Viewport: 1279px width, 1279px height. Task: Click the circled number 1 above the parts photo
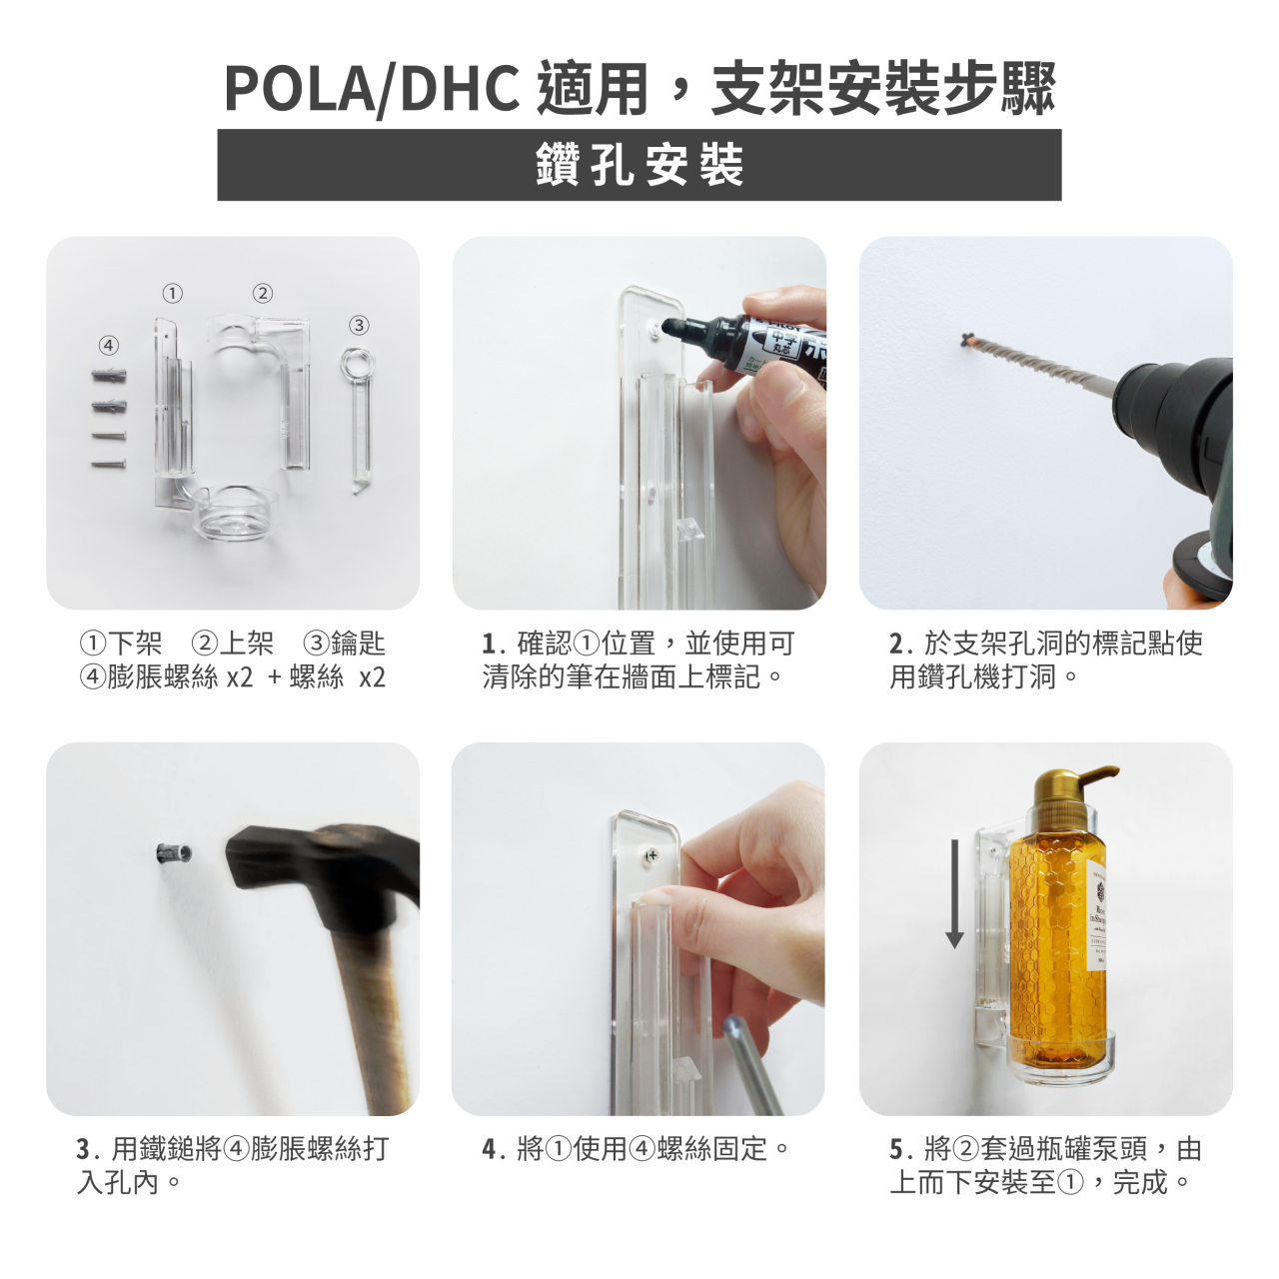coord(173,293)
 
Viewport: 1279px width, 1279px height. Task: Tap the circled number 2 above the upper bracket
coord(262,293)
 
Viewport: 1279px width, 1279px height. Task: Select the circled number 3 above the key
coord(359,325)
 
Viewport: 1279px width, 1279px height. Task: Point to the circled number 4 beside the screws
coord(109,345)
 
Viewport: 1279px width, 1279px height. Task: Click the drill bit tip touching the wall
coord(970,341)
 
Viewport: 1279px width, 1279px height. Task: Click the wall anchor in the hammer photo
coord(175,852)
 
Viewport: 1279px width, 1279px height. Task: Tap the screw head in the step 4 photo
coord(652,855)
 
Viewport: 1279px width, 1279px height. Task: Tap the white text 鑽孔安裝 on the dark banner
coord(639,165)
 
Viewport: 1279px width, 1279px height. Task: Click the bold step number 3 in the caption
coord(83,1149)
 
